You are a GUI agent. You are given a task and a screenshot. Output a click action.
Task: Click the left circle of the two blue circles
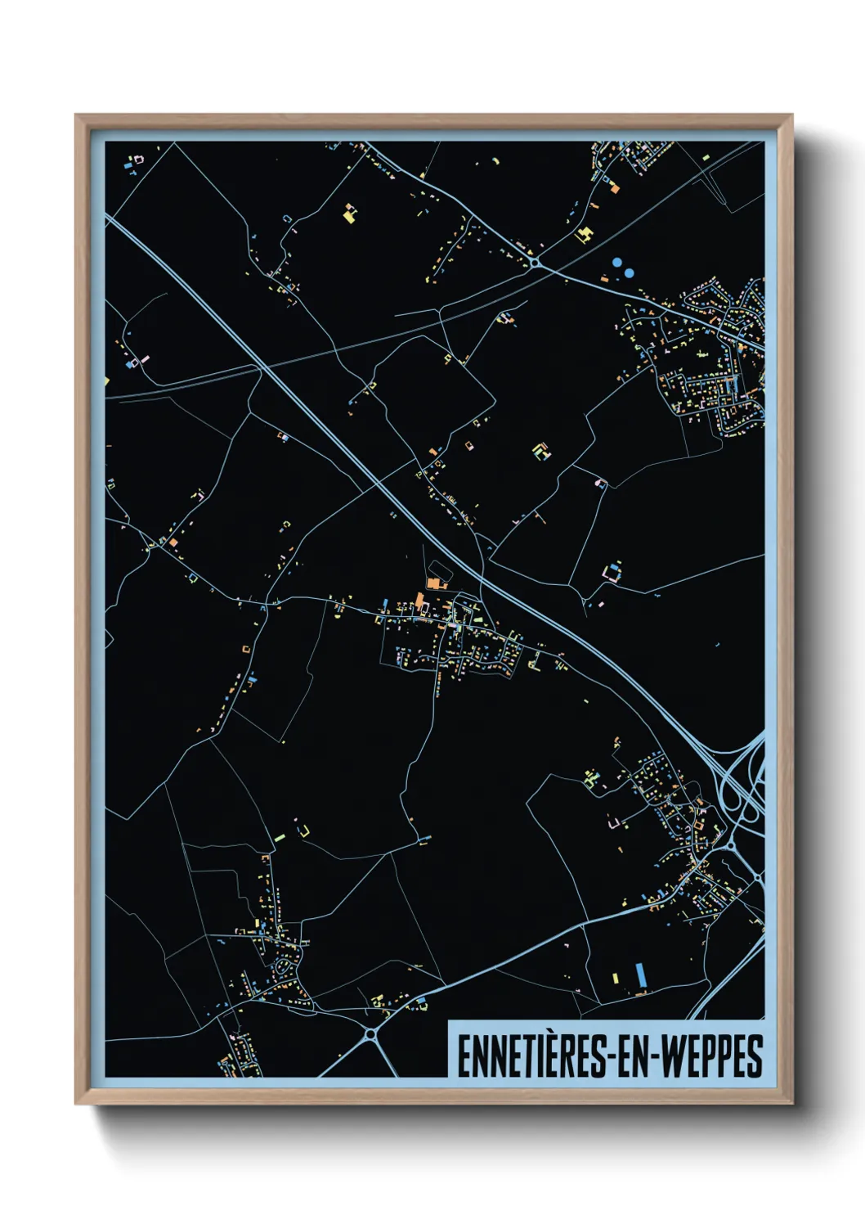click(616, 263)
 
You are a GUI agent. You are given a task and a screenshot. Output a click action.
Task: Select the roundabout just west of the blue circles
click(535, 263)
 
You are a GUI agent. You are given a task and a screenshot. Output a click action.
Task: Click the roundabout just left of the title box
click(370, 1035)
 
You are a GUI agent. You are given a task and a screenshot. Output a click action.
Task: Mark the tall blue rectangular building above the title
click(640, 975)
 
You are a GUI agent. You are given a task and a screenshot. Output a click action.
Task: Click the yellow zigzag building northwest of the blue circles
click(584, 235)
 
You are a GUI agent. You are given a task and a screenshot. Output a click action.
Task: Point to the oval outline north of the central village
click(438, 569)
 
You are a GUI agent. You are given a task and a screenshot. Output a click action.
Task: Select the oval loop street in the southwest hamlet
click(285, 967)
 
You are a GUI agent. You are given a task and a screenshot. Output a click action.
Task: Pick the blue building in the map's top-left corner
click(128, 166)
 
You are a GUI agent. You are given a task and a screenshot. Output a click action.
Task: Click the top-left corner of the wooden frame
click(77, 116)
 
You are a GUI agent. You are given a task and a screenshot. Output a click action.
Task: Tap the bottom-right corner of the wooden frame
click(791, 1103)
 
